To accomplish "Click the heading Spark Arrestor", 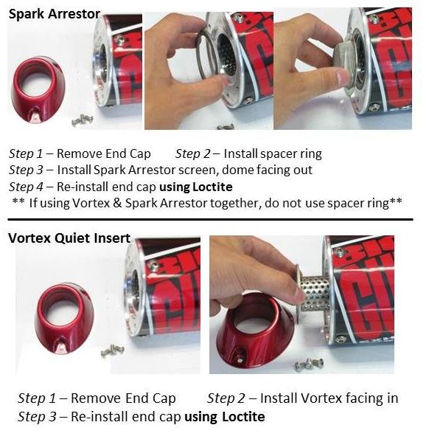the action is (x=55, y=14).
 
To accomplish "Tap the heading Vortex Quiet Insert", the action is (x=69, y=238).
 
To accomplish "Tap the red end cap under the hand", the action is (x=255, y=331).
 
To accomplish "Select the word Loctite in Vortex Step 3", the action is (x=243, y=417).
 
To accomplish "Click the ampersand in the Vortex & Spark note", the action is (x=117, y=203).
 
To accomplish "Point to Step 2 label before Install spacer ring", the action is (x=192, y=153).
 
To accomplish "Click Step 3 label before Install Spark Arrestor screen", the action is (x=26, y=170).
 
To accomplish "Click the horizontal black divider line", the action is (x=210, y=219).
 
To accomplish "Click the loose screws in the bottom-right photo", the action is (x=309, y=364).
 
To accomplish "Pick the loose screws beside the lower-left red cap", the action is (x=113, y=350).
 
